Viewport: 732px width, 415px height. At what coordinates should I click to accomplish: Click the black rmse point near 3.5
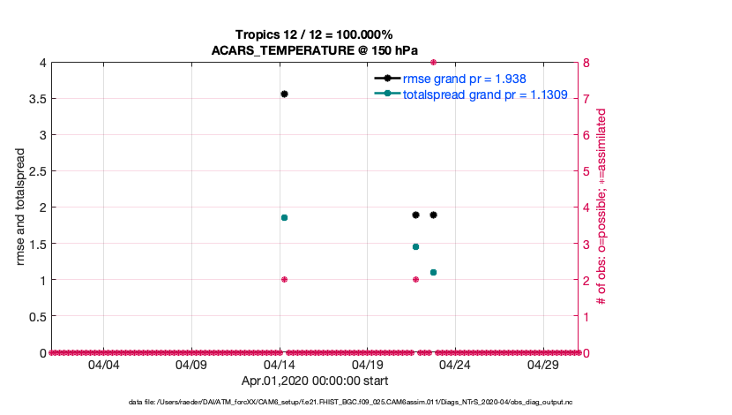coord(284,94)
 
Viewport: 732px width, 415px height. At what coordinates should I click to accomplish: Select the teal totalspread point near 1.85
coord(284,217)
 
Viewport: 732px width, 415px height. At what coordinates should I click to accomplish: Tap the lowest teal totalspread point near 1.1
coord(433,272)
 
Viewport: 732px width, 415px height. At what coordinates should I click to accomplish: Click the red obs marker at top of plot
coord(433,63)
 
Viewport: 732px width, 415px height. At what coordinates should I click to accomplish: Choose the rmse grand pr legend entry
coord(459,79)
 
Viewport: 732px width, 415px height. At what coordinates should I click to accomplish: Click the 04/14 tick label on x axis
coord(280,364)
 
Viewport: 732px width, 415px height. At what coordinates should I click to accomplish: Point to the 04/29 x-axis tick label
coord(543,364)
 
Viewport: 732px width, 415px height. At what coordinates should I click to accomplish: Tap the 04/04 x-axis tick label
coord(104,364)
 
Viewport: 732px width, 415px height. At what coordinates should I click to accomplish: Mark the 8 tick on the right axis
coord(586,63)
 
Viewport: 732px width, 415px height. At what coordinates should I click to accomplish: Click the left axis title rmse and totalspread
coord(21,207)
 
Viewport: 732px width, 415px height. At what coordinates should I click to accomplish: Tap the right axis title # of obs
coord(602,207)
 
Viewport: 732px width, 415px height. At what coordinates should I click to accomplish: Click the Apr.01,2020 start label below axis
coord(314,381)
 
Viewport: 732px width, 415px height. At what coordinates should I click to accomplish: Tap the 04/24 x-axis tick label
coord(455,364)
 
